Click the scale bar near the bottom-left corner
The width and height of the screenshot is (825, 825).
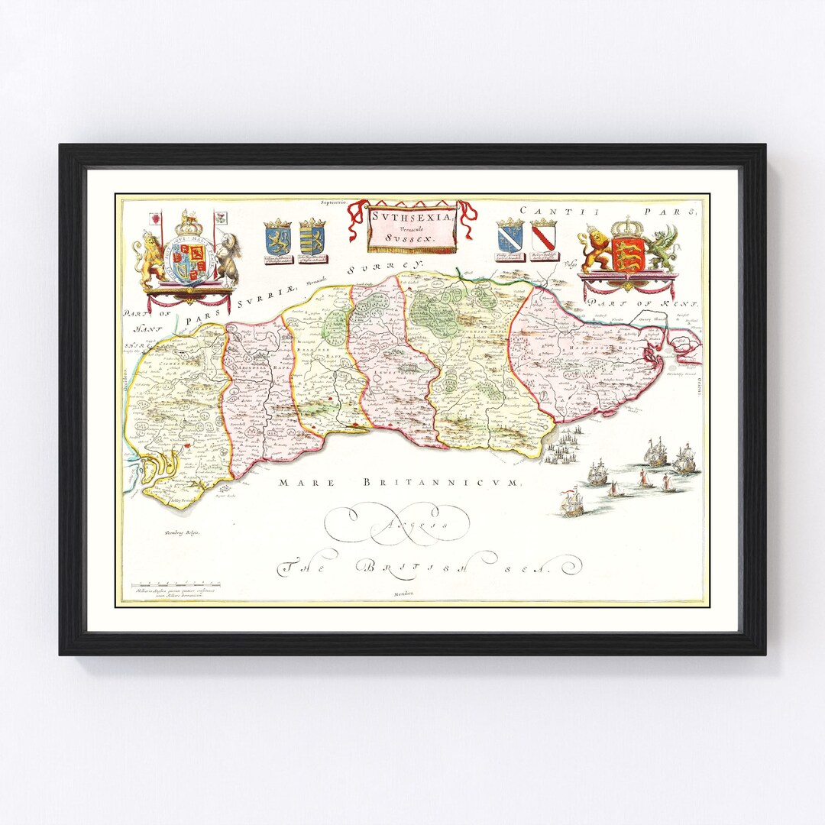168,584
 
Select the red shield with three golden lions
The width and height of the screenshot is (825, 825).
628,253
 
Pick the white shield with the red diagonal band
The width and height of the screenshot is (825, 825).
544,238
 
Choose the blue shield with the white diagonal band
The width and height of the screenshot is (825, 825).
509,238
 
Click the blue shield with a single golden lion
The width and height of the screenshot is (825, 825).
277,240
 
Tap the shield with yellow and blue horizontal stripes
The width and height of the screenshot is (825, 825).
312,240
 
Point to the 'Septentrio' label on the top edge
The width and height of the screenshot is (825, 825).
333,202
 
